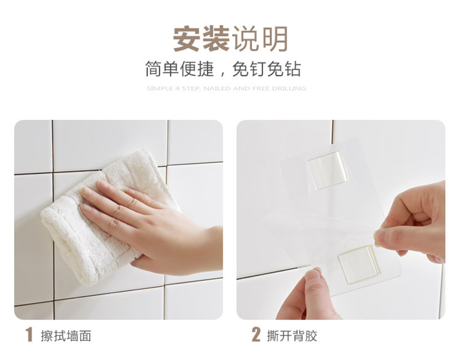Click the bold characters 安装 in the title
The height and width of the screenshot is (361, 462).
[x=201, y=39]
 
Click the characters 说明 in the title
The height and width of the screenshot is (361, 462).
[x=260, y=39]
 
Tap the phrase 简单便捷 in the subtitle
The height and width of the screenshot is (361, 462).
[x=180, y=70]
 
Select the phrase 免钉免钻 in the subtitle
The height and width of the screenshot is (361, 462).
[x=267, y=70]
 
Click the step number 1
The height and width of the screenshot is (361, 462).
[x=29, y=335]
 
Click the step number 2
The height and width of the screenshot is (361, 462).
[x=256, y=335]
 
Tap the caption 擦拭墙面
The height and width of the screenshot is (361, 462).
[x=66, y=336]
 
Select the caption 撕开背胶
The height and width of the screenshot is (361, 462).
[x=292, y=336]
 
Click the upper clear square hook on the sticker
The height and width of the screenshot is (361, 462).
[x=327, y=170]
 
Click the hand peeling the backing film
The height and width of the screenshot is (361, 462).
[x=412, y=224]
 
